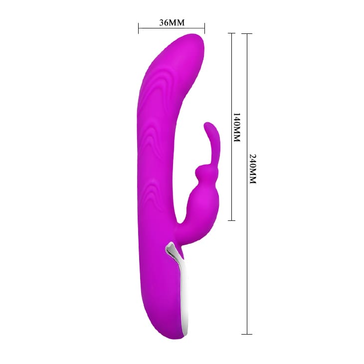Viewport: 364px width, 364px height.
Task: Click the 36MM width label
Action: tap(172, 22)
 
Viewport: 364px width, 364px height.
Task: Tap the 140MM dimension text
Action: tap(236, 127)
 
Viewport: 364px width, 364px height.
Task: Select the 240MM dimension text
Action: tap(253, 169)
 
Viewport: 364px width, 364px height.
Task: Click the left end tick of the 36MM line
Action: tap(138, 28)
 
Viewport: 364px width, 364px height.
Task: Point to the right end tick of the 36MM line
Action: tap(204, 28)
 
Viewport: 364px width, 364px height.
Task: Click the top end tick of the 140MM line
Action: tap(231, 33)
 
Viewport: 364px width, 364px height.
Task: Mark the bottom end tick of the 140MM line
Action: tap(231, 220)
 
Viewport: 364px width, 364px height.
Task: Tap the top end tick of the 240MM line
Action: tap(247, 34)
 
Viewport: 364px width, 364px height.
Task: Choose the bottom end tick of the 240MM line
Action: tap(247, 334)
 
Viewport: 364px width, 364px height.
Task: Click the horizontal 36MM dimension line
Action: tap(172, 28)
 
